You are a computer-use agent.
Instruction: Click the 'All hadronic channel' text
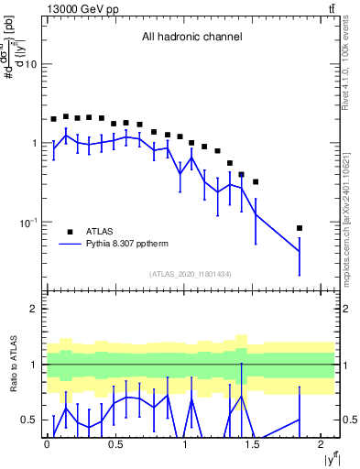click(191, 38)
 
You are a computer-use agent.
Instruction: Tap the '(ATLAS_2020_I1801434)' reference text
click(191, 274)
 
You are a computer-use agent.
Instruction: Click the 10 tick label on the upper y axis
click(30, 64)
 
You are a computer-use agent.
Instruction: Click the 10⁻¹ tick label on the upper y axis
click(28, 222)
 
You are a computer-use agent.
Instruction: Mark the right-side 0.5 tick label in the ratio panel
click(349, 420)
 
